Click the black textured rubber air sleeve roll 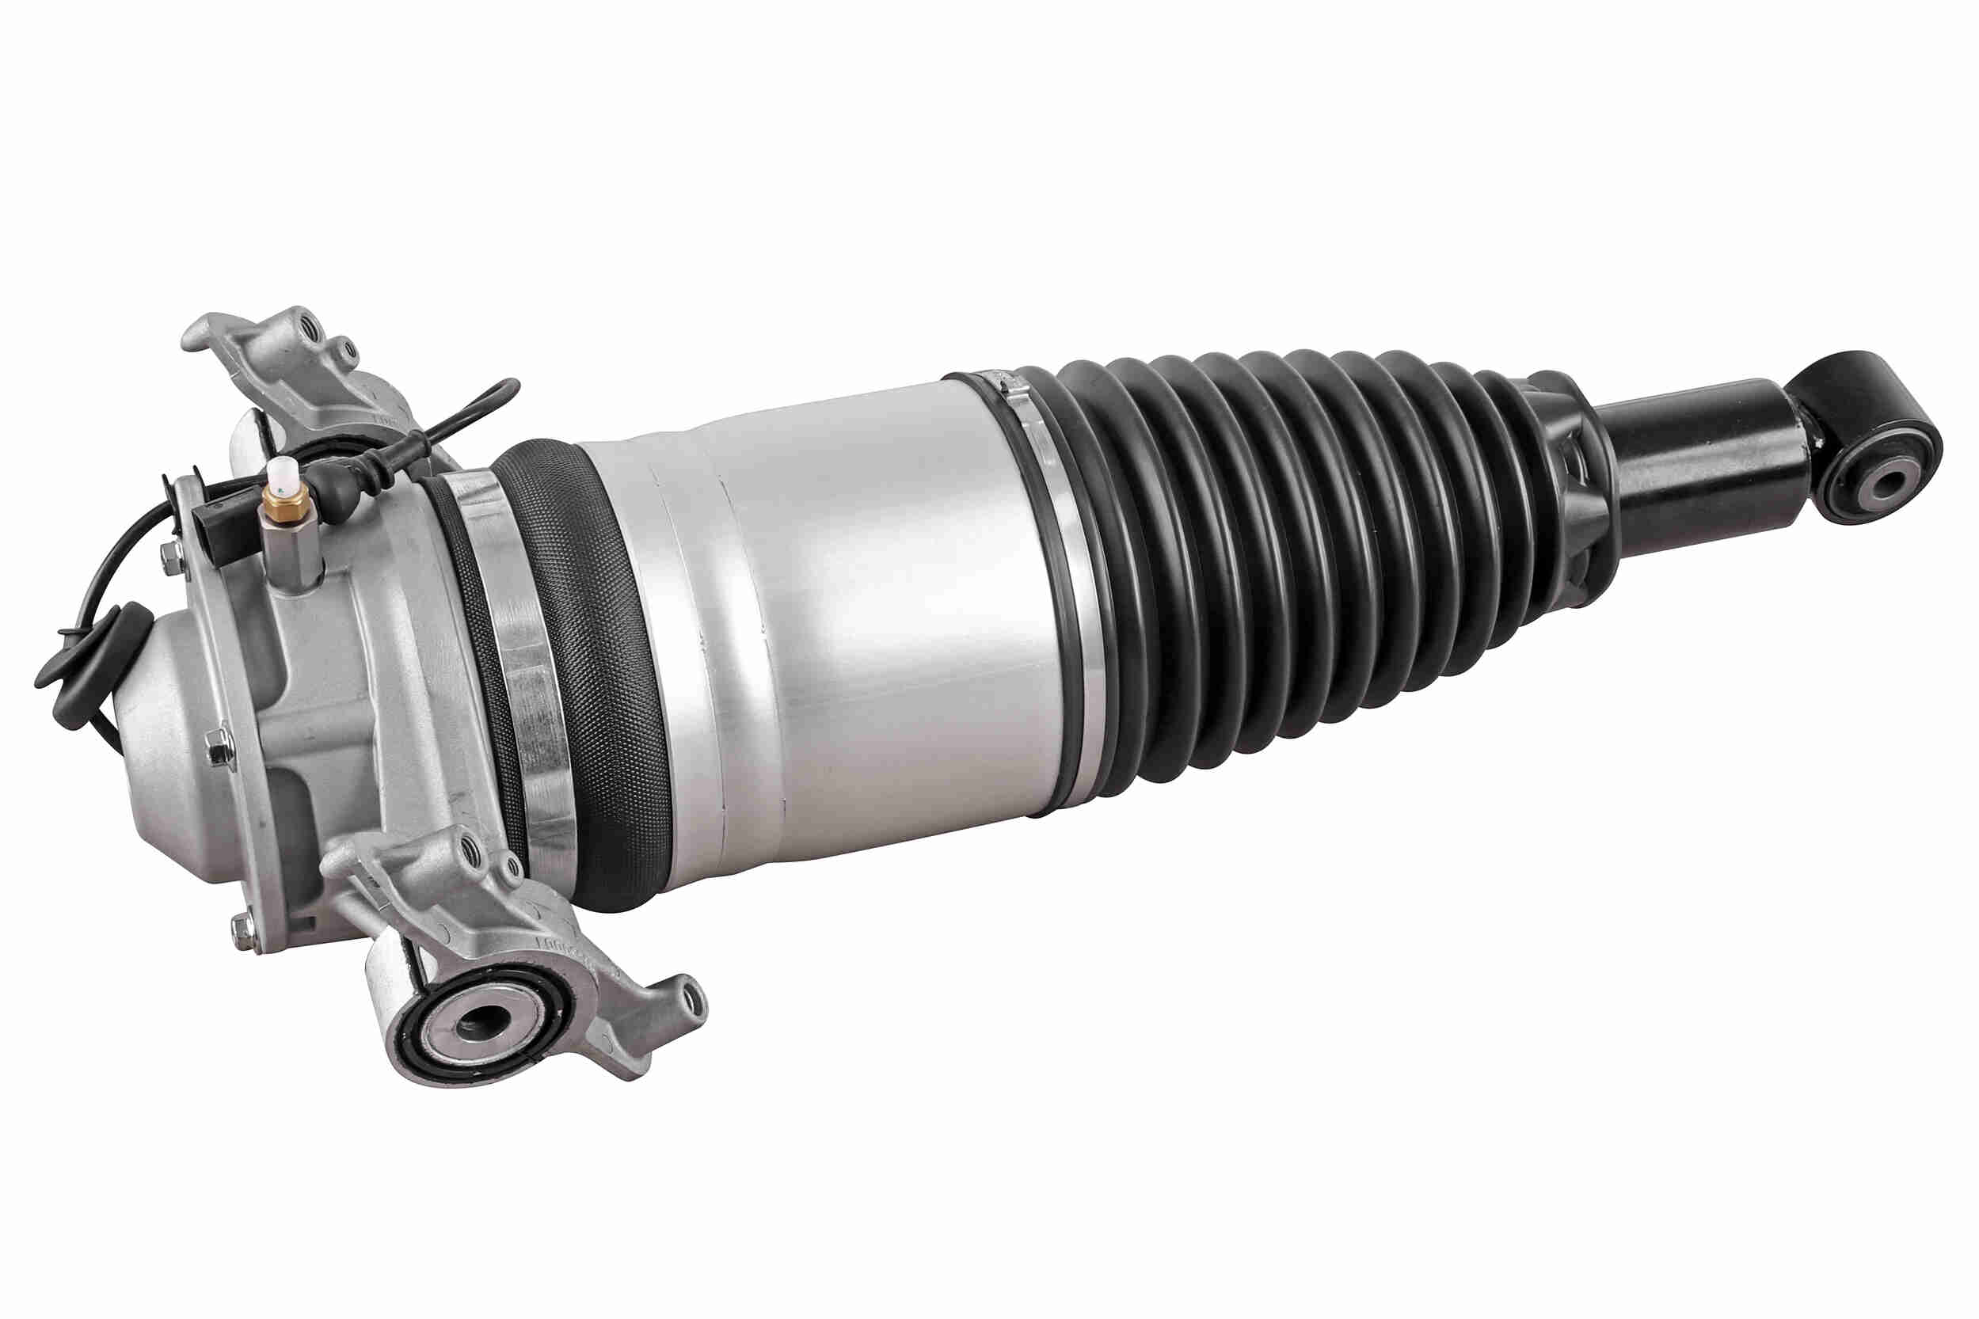(589, 673)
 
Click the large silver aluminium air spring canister (841, 622)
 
